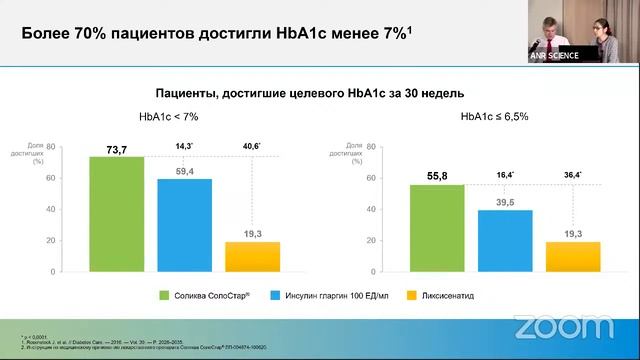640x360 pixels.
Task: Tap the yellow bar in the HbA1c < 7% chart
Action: pyautogui.click(x=253, y=257)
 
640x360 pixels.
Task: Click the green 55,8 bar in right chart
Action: pyautogui.click(x=437, y=228)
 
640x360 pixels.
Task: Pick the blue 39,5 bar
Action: pyautogui.click(x=505, y=240)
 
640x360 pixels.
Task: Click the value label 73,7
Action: pyautogui.click(x=117, y=150)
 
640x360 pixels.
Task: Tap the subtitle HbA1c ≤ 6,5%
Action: pyautogui.click(x=494, y=117)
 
